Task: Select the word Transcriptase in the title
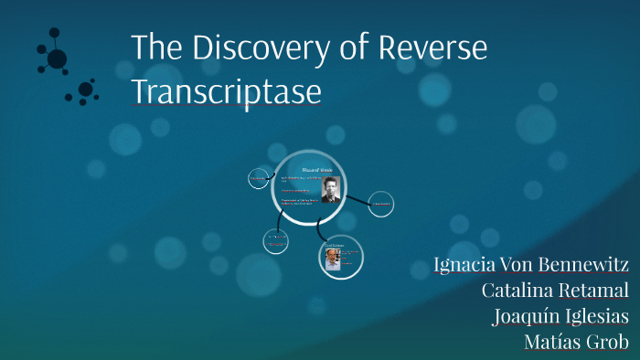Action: [226, 92]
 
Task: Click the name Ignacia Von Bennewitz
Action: [531, 265]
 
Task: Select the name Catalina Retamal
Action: [555, 291]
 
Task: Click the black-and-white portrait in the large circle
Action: [330, 188]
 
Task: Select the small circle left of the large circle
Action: [259, 180]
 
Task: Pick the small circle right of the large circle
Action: [380, 205]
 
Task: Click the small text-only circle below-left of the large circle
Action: [276, 241]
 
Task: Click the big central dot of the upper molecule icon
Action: [57, 59]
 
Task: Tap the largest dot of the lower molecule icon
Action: [85, 90]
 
